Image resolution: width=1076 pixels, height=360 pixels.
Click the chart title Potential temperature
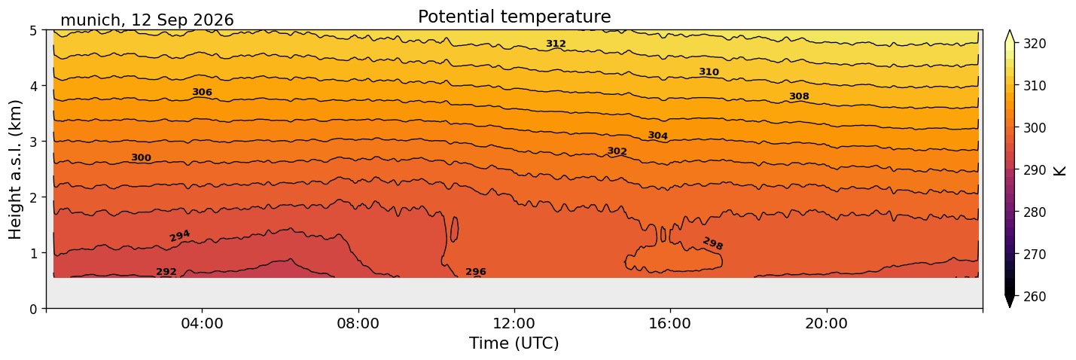click(x=514, y=17)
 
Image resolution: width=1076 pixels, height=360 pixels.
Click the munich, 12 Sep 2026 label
click(x=147, y=20)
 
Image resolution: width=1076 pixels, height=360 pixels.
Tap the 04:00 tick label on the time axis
click(x=203, y=323)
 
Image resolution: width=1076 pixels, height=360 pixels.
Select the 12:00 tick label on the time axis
click(x=514, y=323)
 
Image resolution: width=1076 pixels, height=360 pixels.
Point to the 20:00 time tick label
click(x=826, y=323)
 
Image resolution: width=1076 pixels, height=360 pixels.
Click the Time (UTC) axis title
click(x=514, y=343)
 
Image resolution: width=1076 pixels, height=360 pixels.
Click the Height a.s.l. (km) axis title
click(x=15, y=169)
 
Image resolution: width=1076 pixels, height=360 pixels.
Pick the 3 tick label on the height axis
click(x=34, y=142)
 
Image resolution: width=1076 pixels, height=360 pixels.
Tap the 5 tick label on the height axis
click(x=34, y=31)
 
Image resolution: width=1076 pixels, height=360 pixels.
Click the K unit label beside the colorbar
click(x=1059, y=171)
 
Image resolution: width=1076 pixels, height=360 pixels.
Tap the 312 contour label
click(x=556, y=44)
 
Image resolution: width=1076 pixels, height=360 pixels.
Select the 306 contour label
click(x=202, y=92)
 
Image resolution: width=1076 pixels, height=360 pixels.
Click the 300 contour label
click(x=141, y=157)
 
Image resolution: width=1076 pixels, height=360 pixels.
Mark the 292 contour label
click(x=166, y=272)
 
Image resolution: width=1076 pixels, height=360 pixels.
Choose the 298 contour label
click(x=713, y=244)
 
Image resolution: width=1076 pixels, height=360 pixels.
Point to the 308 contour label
click(x=799, y=96)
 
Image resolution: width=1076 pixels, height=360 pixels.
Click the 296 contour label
click(x=476, y=272)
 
